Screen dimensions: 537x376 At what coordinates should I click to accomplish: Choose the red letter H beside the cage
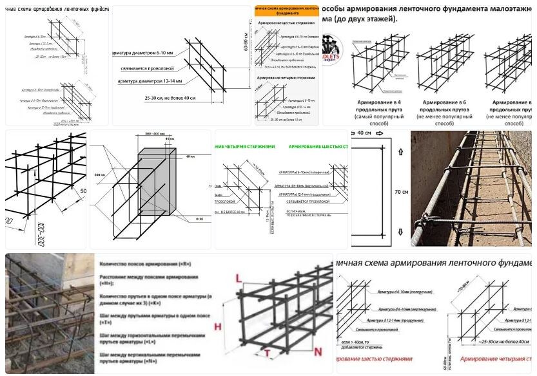tap(217, 326)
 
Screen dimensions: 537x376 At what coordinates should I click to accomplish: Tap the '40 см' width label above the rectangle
tap(365, 133)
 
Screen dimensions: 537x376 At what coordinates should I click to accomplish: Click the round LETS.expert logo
tap(333, 47)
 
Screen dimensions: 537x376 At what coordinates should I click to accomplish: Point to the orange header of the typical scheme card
tap(286, 10)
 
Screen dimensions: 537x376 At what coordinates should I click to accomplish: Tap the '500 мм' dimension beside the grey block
tap(99, 174)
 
